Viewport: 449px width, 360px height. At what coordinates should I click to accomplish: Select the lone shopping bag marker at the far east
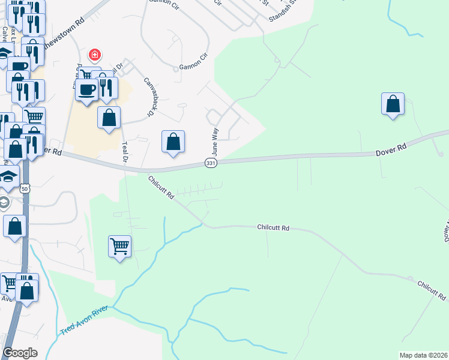click(393, 104)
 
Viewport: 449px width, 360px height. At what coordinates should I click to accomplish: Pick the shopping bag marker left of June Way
click(173, 142)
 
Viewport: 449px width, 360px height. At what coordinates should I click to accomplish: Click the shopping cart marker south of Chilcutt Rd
click(119, 246)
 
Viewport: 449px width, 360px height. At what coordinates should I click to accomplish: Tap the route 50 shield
click(25, 188)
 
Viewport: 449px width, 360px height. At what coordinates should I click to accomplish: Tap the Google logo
click(20, 352)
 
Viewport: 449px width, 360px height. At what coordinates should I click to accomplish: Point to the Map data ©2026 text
click(424, 355)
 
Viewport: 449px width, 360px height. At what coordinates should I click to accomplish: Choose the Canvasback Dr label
click(148, 96)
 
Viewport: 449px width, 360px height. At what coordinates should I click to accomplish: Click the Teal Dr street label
click(124, 151)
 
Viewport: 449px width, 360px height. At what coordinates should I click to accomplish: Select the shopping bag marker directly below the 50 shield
click(14, 227)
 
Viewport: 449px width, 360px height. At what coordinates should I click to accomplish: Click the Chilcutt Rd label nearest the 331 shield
click(161, 187)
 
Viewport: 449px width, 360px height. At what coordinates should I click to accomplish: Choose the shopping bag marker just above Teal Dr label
click(109, 118)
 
